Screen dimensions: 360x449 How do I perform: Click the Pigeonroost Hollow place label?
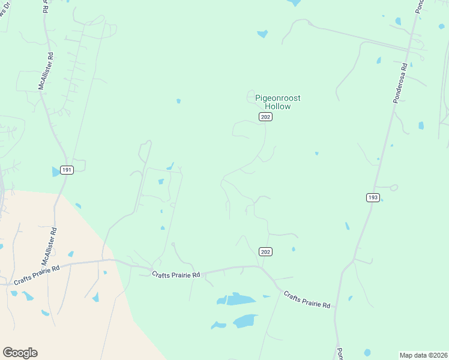coord(277,102)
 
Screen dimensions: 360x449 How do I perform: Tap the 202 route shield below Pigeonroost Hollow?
coord(266,117)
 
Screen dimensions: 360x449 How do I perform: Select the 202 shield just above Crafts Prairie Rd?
coord(266,251)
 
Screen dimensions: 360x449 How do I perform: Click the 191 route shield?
coord(67,170)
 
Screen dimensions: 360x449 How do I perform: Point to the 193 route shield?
coord(373,197)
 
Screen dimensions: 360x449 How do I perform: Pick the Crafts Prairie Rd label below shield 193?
coord(307,300)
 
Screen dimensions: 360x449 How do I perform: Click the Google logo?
coord(20,353)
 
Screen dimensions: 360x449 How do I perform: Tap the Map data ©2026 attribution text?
coord(423,355)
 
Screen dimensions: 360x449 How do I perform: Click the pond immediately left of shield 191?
coord(56,172)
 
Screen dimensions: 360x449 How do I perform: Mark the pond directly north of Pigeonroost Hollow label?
coord(262,34)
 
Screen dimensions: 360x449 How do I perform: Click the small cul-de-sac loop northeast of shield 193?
coord(394,187)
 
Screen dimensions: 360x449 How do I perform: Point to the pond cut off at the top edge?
coord(294,2)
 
